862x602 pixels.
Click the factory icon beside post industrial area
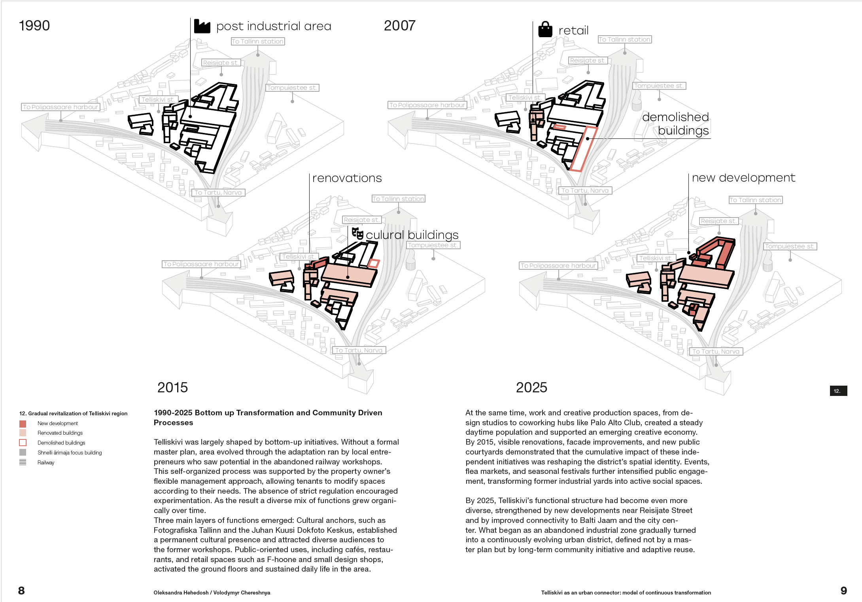(x=202, y=27)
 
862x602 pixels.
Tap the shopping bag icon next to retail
(x=545, y=29)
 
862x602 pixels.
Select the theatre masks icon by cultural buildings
(x=357, y=233)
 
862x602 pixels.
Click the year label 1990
(x=34, y=26)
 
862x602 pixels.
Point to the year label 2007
(x=399, y=26)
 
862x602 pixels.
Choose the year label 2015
(x=172, y=387)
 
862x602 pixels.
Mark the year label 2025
(x=531, y=387)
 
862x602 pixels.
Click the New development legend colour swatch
(x=23, y=424)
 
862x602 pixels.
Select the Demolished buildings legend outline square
(x=23, y=443)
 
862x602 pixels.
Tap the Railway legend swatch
(x=23, y=462)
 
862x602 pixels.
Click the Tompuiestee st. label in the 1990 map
(x=292, y=88)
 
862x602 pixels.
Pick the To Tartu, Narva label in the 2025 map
(x=716, y=352)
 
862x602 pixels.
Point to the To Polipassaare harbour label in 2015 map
(x=201, y=264)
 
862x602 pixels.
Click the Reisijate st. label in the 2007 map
(x=588, y=61)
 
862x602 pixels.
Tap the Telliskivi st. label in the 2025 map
(x=656, y=258)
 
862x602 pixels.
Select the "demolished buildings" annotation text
(x=676, y=124)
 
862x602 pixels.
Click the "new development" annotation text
(x=743, y=178)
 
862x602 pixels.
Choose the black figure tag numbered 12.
(x=838, y=391)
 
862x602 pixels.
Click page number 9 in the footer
(x=843, y=591)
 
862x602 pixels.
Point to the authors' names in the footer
(x=212, y=593)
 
